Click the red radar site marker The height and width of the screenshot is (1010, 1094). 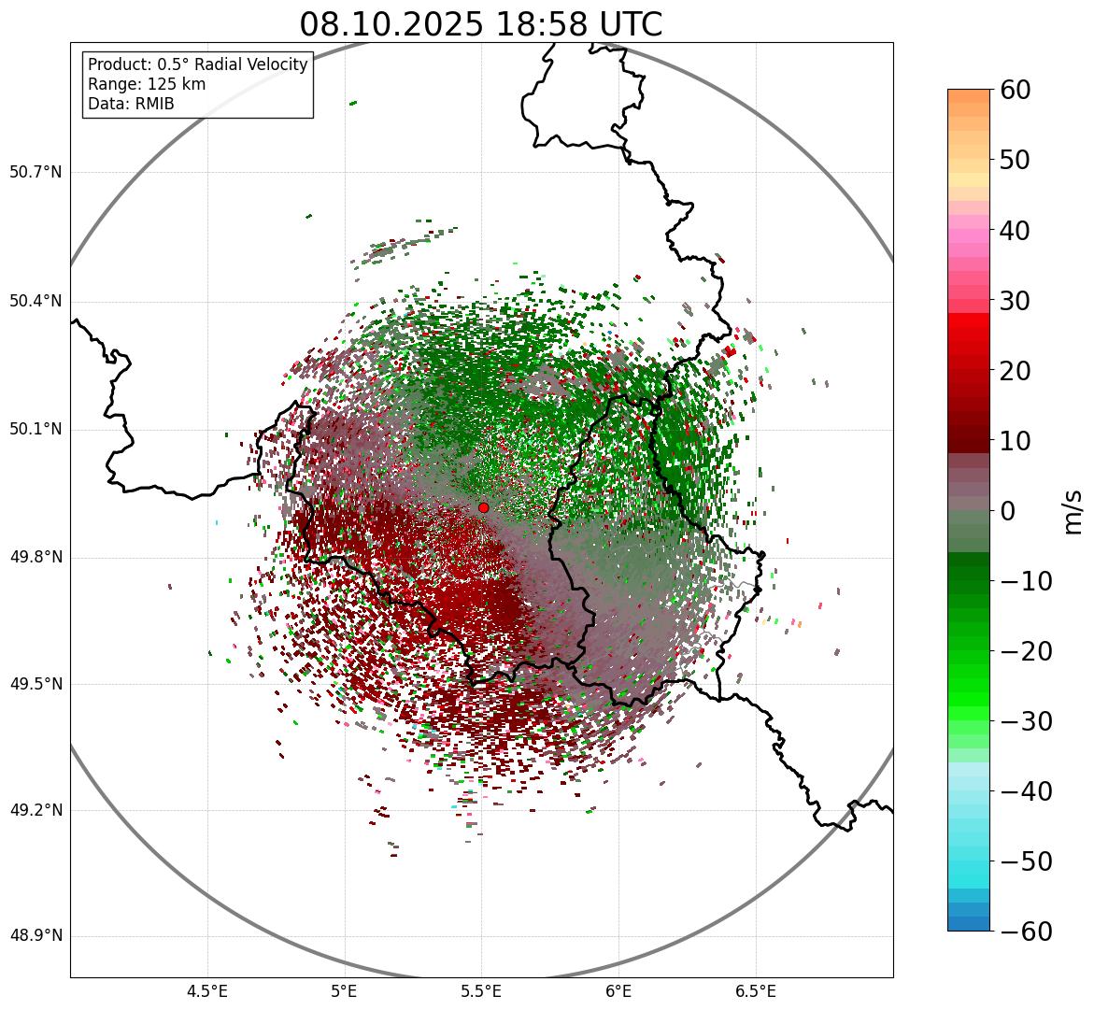(483, 507)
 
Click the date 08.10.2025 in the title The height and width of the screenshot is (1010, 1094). (391, 24)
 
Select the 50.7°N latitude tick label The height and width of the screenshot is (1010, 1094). (36, 172)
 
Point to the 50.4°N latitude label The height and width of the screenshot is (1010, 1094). (36, 301)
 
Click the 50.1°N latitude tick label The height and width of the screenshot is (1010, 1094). (36, 430)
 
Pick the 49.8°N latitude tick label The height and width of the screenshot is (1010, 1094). (36, 558)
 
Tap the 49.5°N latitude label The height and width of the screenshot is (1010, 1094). (36, 684)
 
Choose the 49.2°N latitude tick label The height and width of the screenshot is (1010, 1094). (36, 810)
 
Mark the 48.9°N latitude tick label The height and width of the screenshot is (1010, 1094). (36, 936)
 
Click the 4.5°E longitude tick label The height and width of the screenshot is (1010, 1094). (207, 990)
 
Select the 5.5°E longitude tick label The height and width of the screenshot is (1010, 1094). (481, 990)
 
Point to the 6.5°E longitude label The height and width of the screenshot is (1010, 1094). (755, 990)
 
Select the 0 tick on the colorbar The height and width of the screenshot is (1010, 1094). (1008, 511)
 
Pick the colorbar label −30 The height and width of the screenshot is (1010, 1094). (1026, 721)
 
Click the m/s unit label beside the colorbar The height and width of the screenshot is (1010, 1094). (1073, 510)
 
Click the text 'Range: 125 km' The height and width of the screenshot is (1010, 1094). (147, 84)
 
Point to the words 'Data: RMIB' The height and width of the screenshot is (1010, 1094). (131, 104)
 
